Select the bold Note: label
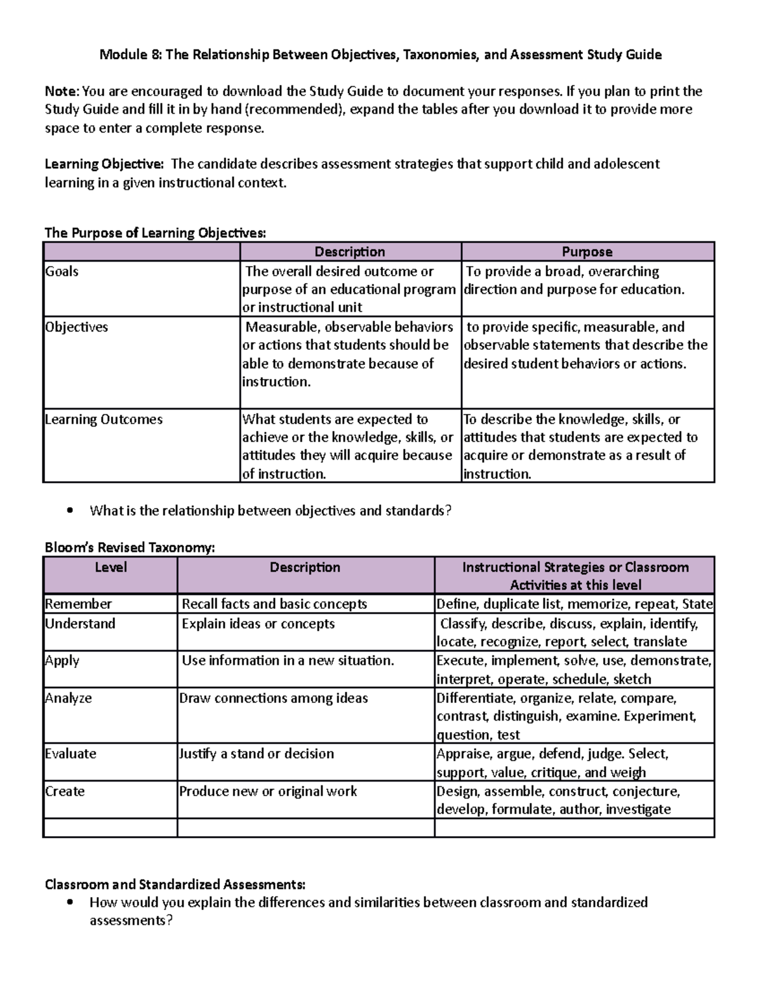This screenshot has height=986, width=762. click(x=62, y=91)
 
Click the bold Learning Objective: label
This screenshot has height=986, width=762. click(x=104, y=164)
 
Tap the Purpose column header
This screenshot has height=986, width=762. click(x=587, y=251)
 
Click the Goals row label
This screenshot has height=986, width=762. click(x=62, y=271)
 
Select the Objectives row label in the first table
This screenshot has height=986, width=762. click(x=76, y=327)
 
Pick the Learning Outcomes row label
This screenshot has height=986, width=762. click(x=104, y=419)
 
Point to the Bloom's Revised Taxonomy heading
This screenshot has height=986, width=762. click(x=130, y=547)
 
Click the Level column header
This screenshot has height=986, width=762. click(x=110, y=567)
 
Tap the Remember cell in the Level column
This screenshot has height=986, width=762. click(x=78, y=604)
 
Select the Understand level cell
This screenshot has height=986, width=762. click(x=80, y=623)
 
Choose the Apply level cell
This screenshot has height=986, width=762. click(x=62, y=660)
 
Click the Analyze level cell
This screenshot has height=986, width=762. click(x=68, y=698)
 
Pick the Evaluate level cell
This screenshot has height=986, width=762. click(x=70, y=754)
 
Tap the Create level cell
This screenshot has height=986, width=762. click(x=64, y=791)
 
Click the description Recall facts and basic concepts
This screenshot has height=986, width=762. click(x=274, y=604)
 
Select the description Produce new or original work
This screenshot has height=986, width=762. click(x=268, y=791)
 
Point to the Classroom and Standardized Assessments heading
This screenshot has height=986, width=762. click(x=175, y=884)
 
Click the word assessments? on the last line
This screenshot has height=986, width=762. click(x=131, y=921)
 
